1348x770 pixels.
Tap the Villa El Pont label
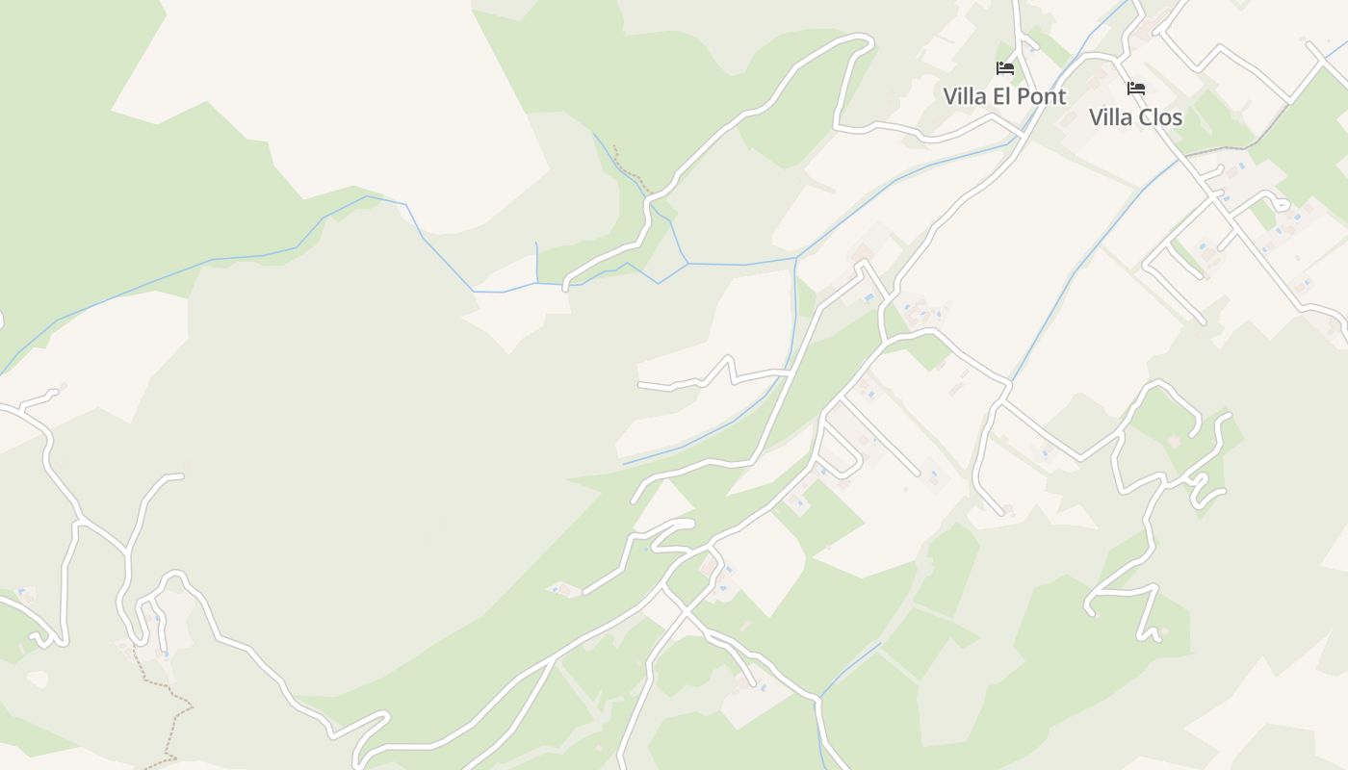1004,96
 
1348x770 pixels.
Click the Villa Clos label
1135,117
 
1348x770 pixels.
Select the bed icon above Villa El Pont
1005,68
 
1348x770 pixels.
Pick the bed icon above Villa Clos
1136,89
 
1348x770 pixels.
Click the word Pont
1042,96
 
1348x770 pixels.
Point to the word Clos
1159,117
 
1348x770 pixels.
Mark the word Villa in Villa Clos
1110,117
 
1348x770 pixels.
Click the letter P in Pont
1024,96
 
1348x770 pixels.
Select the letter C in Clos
1144,117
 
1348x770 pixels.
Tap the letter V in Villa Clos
1096,117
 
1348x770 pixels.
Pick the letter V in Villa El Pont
950,96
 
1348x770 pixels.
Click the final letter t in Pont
1063,96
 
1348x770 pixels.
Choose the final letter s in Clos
1178,117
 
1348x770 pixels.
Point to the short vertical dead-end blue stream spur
536,262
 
